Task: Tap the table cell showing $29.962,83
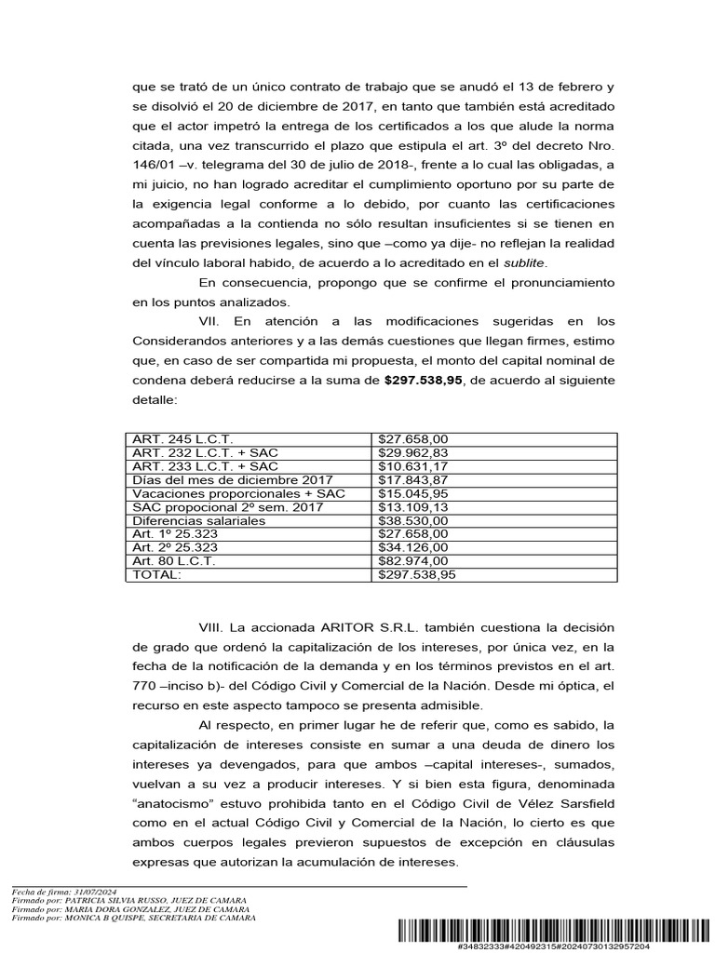(x=413, y=451)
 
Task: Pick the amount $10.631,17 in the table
(x=413, y=465)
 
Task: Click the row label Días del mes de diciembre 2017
(x=220, y=479)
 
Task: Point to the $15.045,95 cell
(x=413, y=493)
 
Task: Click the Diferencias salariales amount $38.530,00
(x=413, y=521)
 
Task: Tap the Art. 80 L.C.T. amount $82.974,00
(x=413, y=562)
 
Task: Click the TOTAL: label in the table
(x=157, y=575)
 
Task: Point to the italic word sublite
(x=521, y=262)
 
